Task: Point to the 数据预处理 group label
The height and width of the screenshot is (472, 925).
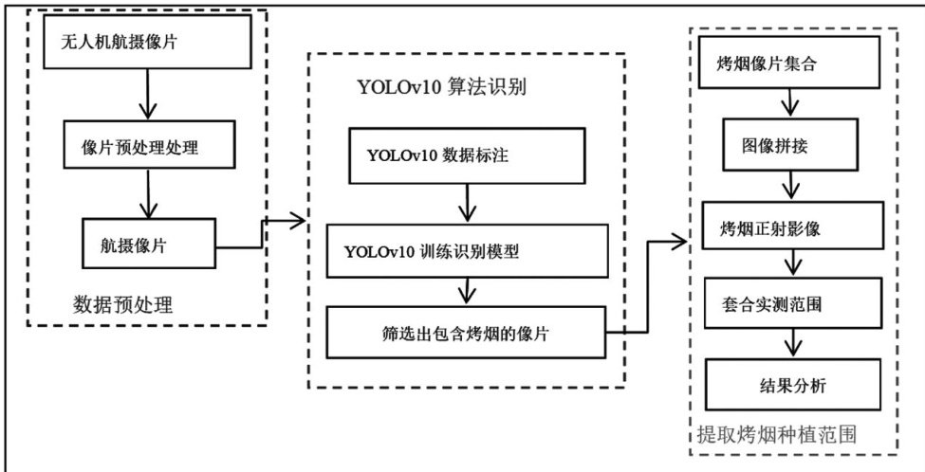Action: tap(123, 304)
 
